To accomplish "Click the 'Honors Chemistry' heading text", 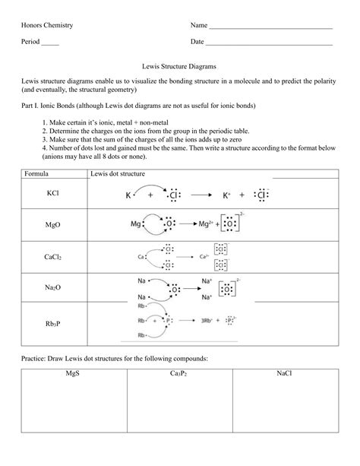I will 47,25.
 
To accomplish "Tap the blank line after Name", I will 270,27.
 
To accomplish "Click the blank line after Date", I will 270,44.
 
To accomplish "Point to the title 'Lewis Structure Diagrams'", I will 179,67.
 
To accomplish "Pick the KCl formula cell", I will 52,194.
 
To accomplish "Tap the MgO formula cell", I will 52,226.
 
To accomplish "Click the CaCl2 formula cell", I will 52,257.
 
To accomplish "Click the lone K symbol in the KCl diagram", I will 128,195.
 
